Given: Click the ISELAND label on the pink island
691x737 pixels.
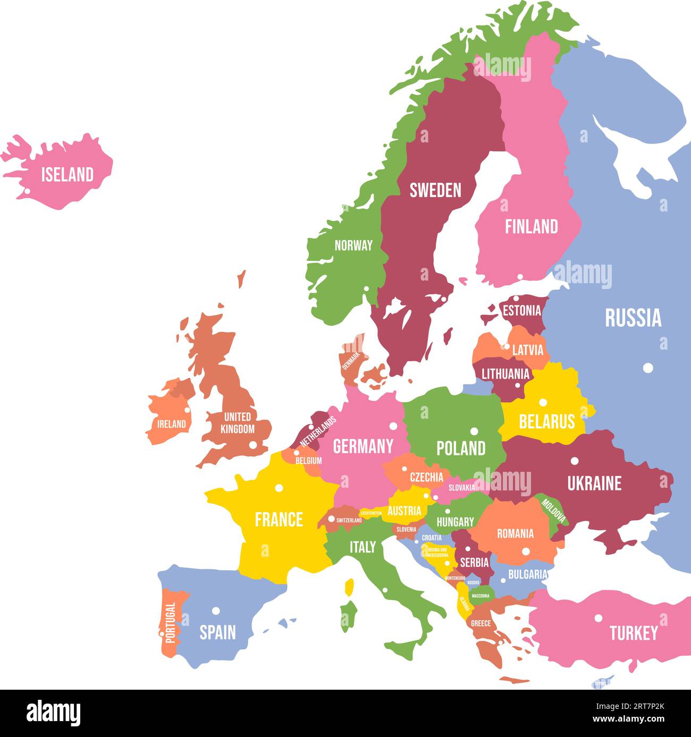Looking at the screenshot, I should [68, 174].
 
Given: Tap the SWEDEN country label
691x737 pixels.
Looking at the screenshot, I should [435, 190].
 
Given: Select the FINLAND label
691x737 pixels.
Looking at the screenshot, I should [531, 227].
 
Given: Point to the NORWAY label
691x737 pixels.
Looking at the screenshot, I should [353, 245].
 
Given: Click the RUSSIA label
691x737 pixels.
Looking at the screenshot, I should [633, 318].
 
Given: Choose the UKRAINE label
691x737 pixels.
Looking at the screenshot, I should [594, 483].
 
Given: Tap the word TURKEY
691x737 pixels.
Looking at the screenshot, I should [634, 633].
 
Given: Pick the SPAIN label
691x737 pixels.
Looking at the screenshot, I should [217, 632].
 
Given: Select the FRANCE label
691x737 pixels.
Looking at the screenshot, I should [279, 519].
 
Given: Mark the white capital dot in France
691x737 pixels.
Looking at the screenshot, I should [279, 488].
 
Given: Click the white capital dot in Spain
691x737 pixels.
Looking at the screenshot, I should [216, 611].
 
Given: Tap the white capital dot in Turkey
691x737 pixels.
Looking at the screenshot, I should [599, 618].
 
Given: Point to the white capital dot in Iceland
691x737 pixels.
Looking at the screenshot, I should [25, 191].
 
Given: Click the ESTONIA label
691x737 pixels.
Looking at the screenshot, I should [522, 310].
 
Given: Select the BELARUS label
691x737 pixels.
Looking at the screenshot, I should [547, 421].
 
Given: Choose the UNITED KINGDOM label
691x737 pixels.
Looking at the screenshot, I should [237, 422].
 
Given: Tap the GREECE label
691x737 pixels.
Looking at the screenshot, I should [481, 623].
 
